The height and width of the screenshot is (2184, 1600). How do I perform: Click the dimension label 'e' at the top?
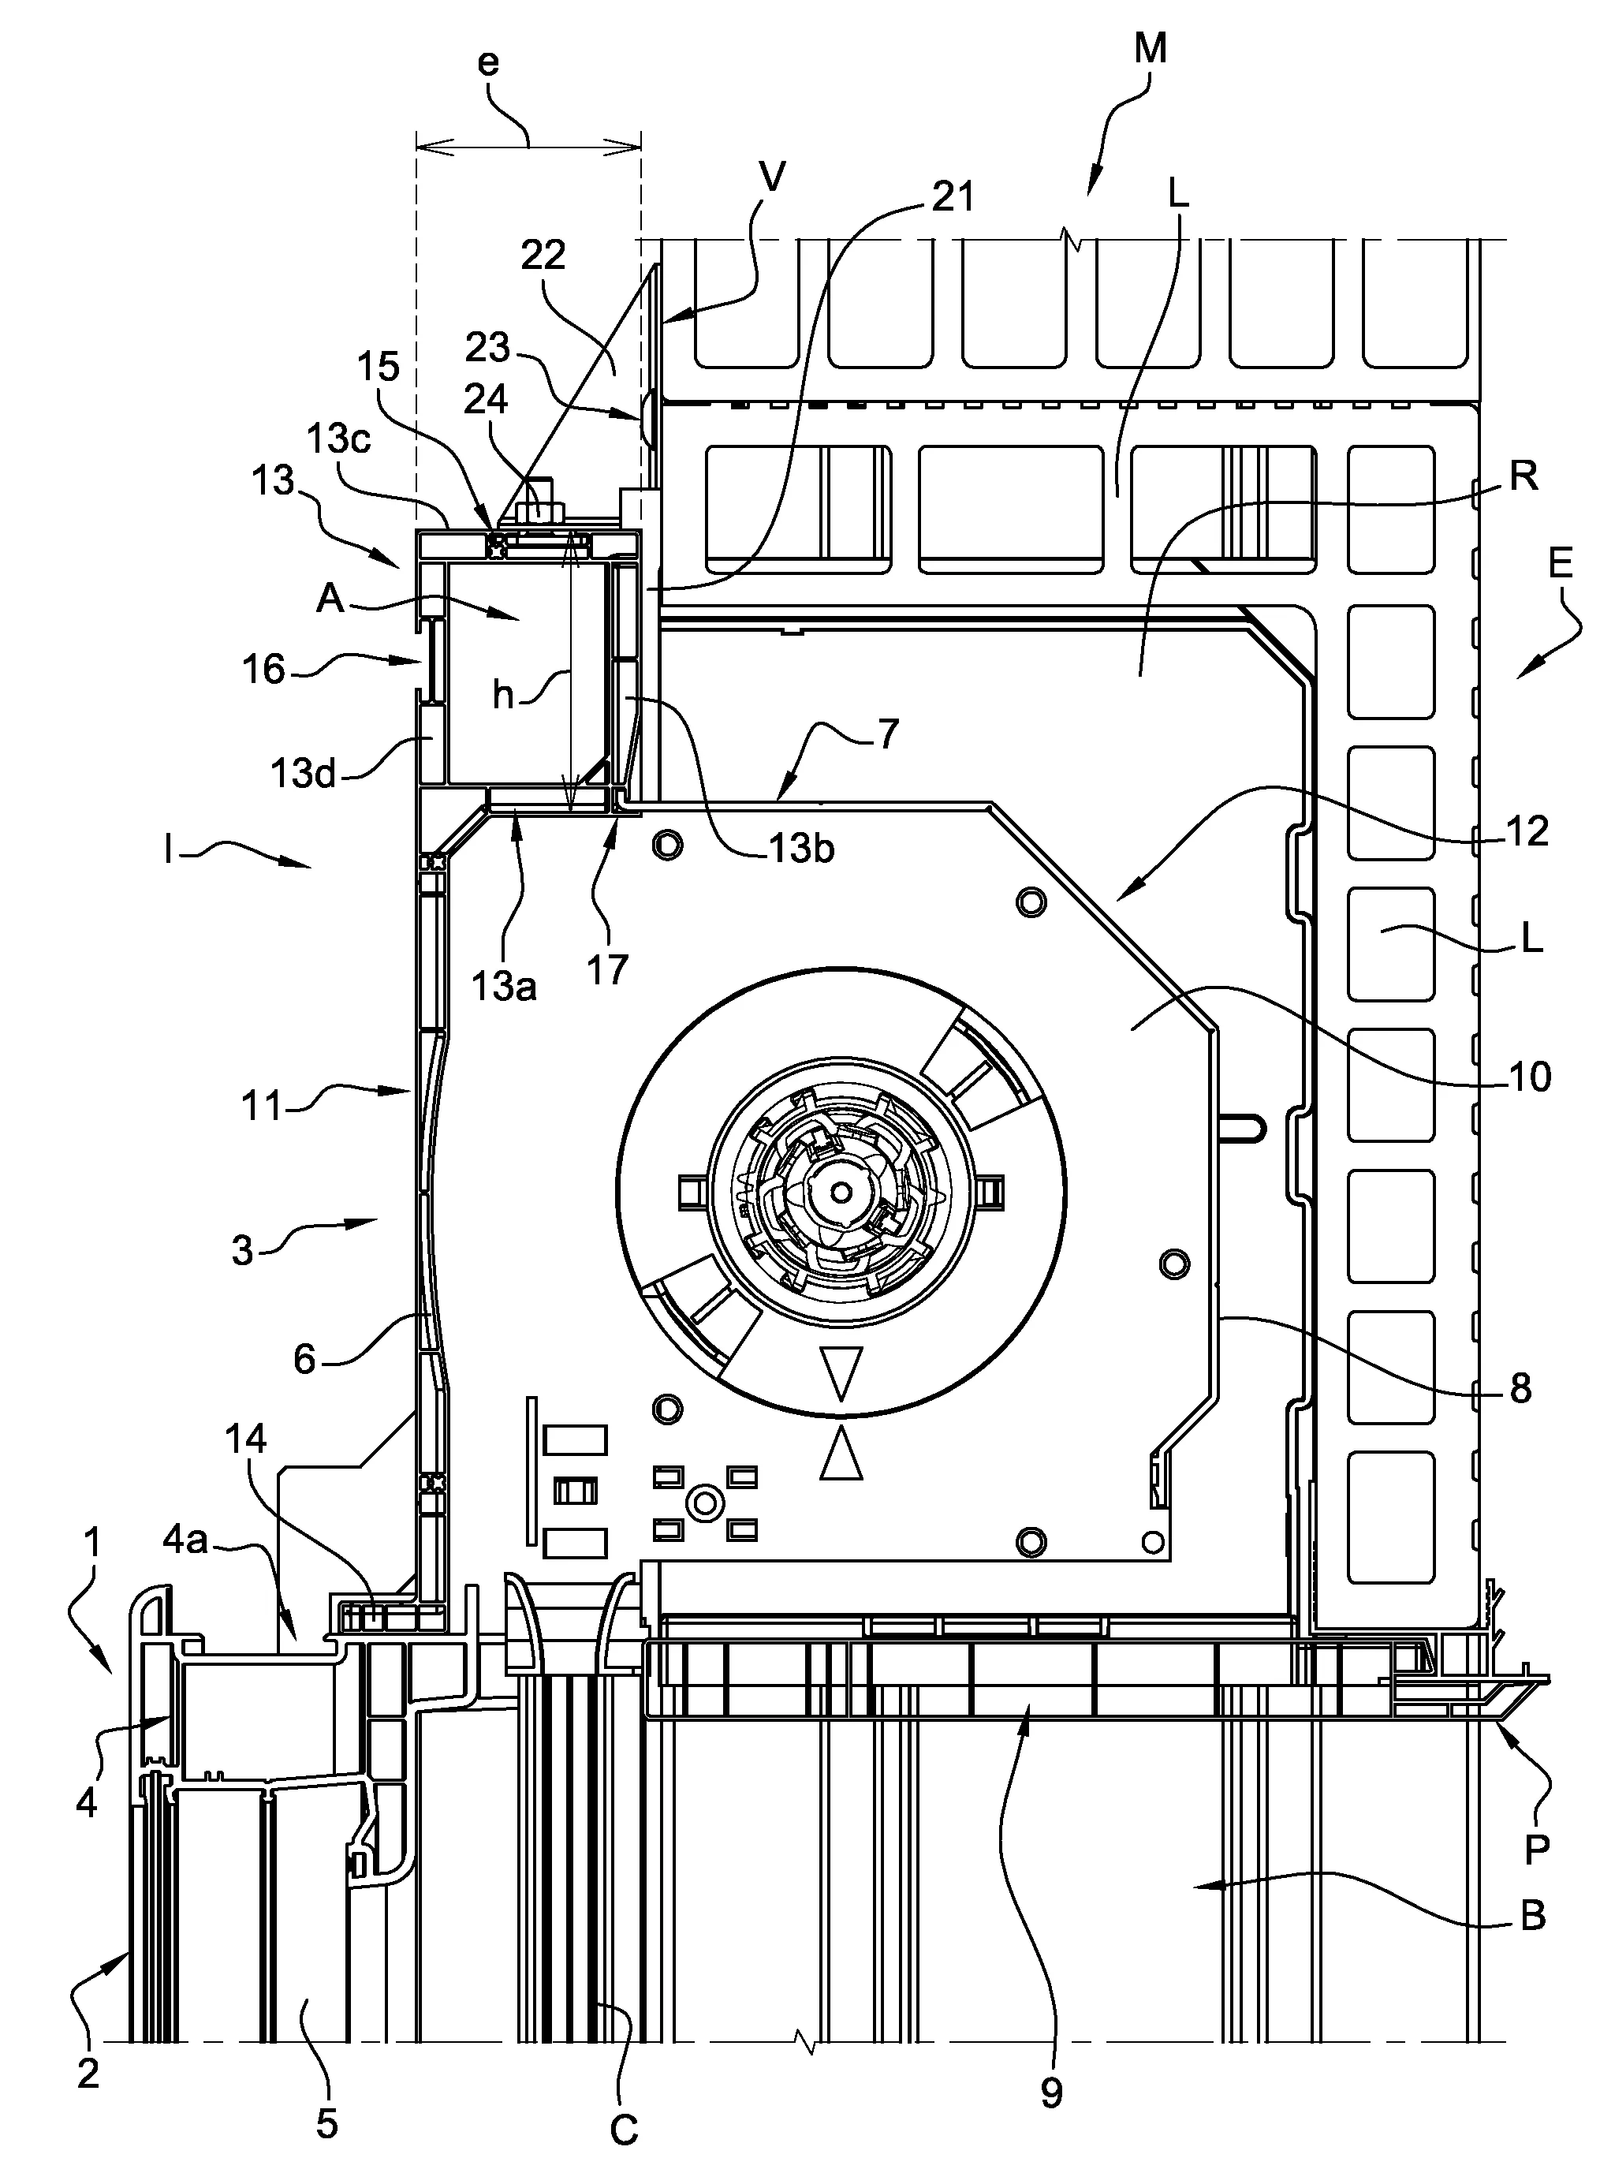click(x=489, y=65)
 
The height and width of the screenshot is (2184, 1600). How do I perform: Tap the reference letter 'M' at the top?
click(x=1150, y=48)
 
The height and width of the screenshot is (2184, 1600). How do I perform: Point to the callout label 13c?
click(x=338, y=439)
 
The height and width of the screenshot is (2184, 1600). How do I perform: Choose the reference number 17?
click(x=607, y=969)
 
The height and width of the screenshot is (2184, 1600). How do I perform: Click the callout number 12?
click(x=1528, y=831)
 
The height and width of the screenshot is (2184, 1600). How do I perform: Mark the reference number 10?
click(x=1531, y=1077)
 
